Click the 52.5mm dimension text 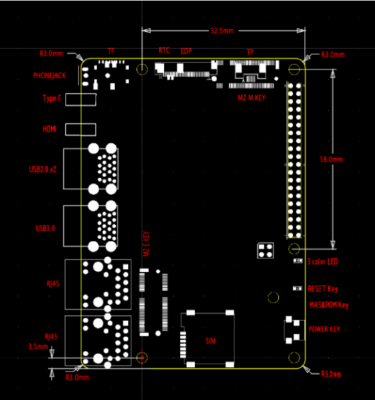pyautogui.click(x=222, y=31)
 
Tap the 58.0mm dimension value pyautogui.click(x=331, y=160)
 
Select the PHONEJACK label pyautogui.click(x=51, y=75)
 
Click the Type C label pyautogui.click(x=51, y=99)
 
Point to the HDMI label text pyautogui.click(x=50, y=128)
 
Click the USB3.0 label pyautogui.click(x=45, y=229)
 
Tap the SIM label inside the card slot pyautogui.click(x=211, y=341)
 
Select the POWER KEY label pyautogui.click(x=325, y=329)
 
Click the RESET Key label pyautogui.click(x=324, y=289)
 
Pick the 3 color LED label pyautogui.click(x=323, y=262)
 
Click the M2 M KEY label pyautogui.click(x=252, y=97)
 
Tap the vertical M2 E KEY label pyautogui.click(x=146, y=245)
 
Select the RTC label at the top pyautogui.click(x=164, y=51)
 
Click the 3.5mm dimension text pyautogui.click(x=38, y=347)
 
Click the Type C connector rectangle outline pyautogui.click(x=83, y=99)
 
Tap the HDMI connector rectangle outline pyautogui.click(x=83, y=128)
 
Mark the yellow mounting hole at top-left pyautogui.click(x=142, y=69)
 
